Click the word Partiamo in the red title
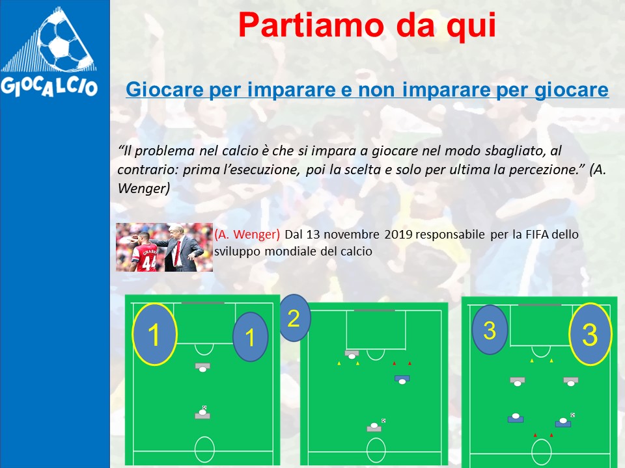pos(311,25)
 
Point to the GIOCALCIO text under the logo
pos(49,86)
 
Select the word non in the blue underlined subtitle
pos(377,89)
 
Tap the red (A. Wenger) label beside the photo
pos(247,234)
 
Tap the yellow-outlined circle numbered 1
pos(154,334)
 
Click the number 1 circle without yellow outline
pos(250,337)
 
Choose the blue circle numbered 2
pos(294,318)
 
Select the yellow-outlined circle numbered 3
pos(590,334)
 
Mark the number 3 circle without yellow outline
pos(490,330)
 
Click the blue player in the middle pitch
pos(402,379)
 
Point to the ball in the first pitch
pos(204,408)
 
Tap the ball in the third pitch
pos(573,415)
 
